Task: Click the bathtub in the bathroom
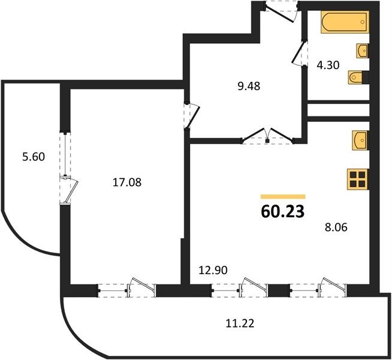(345, 22)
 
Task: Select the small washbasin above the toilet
(363, 51)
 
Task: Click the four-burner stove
(358, 179)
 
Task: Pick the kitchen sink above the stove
(360, 140)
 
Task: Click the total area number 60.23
(283, 212)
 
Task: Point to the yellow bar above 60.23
(283, 197)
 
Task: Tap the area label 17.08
(127, 182)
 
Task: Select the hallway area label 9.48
(249, 86)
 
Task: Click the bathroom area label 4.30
(328, 65)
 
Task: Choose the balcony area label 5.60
(34, 157)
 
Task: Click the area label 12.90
(213, 270)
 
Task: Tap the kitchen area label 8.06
(336, 227)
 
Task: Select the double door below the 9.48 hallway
(267, 136)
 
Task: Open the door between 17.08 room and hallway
(191, 116)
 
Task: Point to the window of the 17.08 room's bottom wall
(126, 290)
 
